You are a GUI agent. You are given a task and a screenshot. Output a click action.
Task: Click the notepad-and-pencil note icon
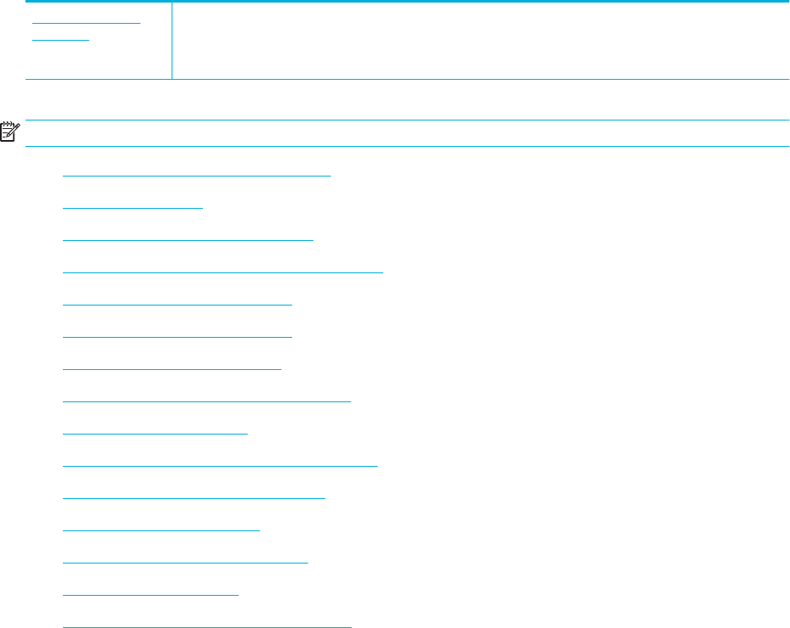10,132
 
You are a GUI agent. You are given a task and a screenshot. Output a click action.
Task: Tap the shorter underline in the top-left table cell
60,40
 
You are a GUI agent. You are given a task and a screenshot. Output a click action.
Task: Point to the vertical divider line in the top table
172,41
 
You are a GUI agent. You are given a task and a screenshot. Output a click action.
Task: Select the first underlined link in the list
196,173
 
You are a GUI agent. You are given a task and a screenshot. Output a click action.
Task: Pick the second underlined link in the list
133,206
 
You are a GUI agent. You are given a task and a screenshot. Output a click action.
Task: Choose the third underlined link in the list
188,239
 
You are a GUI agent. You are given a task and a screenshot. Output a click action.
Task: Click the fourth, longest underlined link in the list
223,272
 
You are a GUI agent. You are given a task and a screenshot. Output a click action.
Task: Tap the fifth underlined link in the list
178,303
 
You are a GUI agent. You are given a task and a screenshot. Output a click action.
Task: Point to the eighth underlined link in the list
206,400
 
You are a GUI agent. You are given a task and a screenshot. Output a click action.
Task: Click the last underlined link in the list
206,626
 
